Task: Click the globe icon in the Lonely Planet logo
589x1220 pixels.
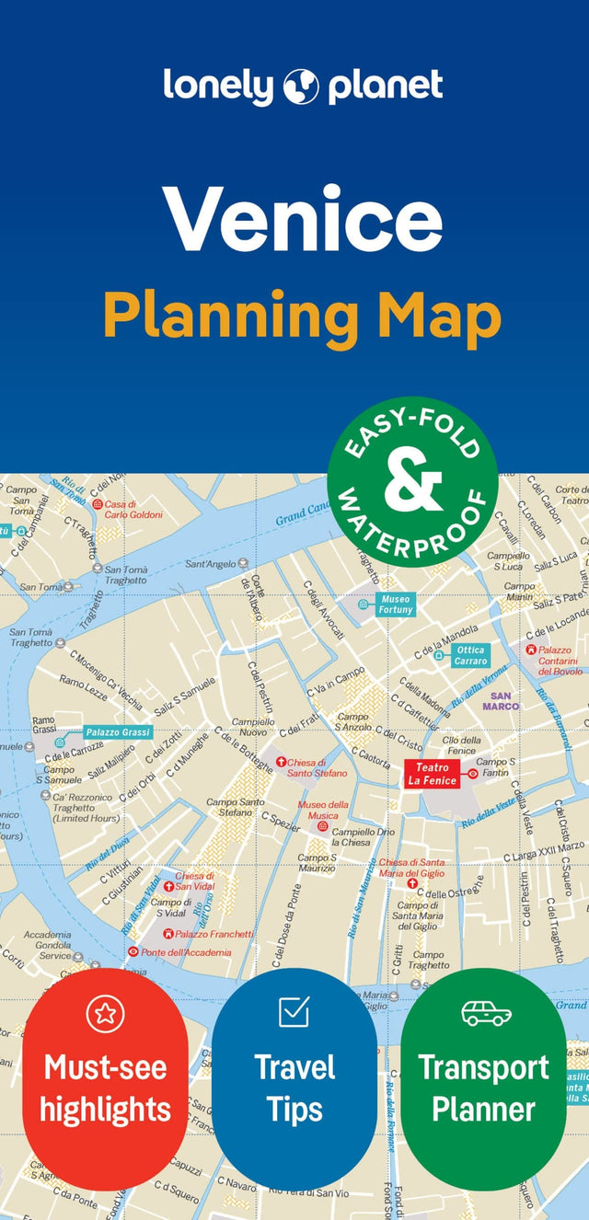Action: click(x=302, y=86)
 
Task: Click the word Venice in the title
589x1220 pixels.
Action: click(x=303, y=220)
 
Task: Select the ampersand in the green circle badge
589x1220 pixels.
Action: click(x=413, y=484)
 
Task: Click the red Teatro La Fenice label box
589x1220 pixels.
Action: click(x=432, y=774)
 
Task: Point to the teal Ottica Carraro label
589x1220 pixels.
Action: click(x=470, y=655)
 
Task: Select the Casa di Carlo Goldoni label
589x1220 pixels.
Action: click(x=133, y=509)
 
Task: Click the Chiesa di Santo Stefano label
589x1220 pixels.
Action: click(x=317, y=768)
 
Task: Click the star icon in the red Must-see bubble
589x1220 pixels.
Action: click(x=105, y=1013)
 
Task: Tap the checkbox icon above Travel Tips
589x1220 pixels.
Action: click(x=294, y=1011)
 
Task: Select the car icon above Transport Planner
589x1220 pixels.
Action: click(x=486, y=1013)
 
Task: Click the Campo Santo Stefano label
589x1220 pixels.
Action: click(x=235, y=808)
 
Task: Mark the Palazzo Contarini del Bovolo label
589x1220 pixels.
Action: click(x=560, y=661)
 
